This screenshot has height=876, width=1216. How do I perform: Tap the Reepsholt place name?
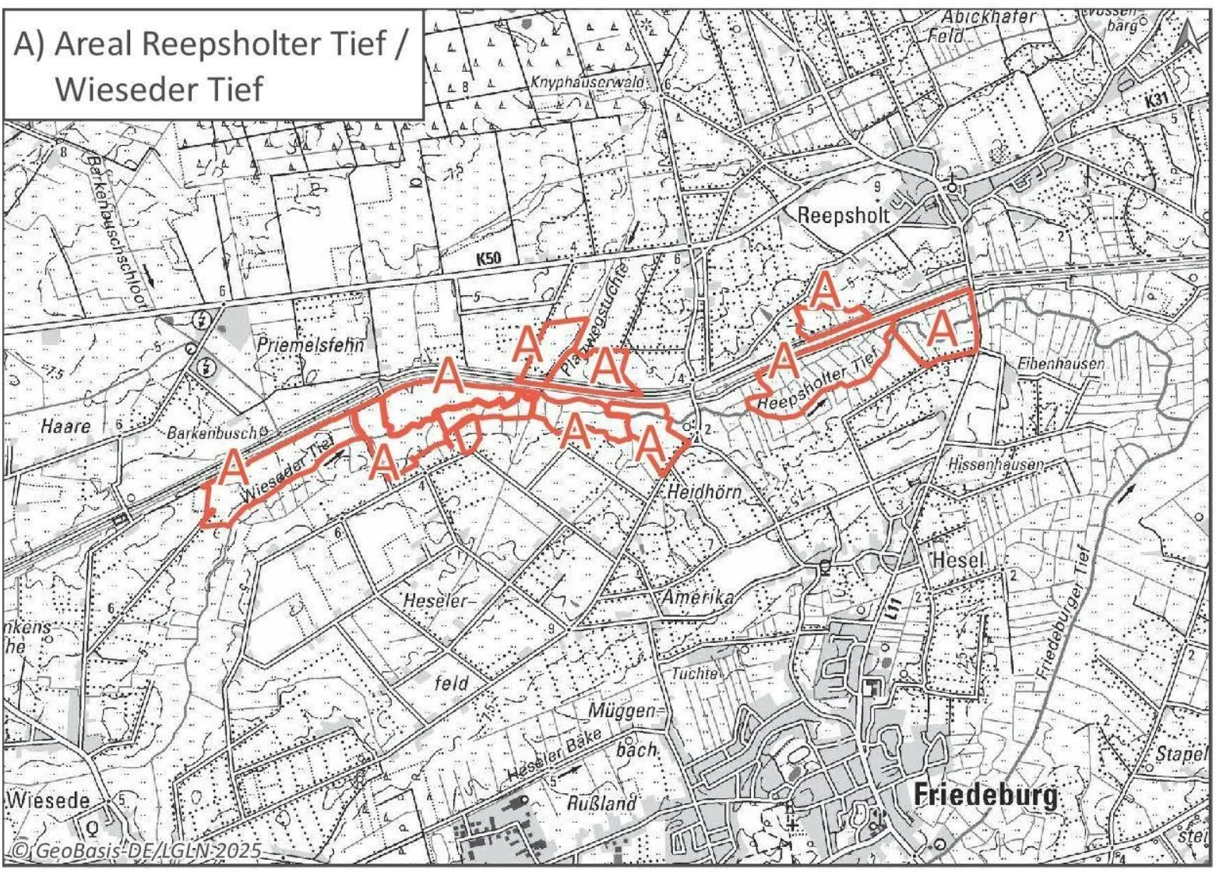pos(842,215)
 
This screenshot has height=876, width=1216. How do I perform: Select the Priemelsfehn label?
pos(310,344)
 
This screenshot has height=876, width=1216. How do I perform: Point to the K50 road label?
pos(488,259)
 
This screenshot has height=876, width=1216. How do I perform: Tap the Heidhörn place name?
pos(704,492)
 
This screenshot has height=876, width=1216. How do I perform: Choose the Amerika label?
pos(697,597)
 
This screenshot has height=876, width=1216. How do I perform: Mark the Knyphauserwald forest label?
pos(587,82)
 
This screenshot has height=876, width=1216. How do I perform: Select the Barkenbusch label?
pos(211,433)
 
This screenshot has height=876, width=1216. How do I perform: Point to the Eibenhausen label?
pos(1061,363)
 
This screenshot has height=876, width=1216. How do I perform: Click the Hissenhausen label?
pos(995,464)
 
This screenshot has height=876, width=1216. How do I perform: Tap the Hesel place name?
pos(959,560)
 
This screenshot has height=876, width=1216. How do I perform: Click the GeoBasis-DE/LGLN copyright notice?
pos(136,851)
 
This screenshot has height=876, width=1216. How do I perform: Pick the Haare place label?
pos(65,426)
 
